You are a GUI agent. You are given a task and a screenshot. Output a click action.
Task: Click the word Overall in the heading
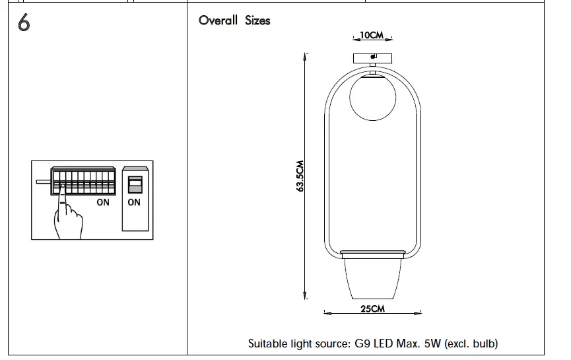coord(218,20)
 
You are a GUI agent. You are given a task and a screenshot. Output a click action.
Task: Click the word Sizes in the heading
coord(257,20)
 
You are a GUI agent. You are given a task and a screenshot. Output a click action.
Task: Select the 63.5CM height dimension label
coord(300,176)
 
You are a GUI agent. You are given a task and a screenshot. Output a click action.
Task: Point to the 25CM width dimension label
coord(373,309)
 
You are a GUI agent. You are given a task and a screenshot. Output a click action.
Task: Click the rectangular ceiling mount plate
coord(373,57)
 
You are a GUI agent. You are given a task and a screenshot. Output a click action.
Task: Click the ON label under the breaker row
coord(103,203)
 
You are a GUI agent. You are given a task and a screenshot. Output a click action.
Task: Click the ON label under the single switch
coord(134,203)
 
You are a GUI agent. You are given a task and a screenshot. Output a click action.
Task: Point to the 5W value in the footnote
coord(432,343)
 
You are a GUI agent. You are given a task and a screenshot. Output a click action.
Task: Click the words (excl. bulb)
coord(471,343)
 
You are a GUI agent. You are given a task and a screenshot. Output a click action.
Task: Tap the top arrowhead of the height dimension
coord(305,55)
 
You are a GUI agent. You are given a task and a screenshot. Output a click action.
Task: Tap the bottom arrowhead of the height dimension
coord(305,298)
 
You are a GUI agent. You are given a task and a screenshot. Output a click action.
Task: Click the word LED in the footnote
coord(386,343)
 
